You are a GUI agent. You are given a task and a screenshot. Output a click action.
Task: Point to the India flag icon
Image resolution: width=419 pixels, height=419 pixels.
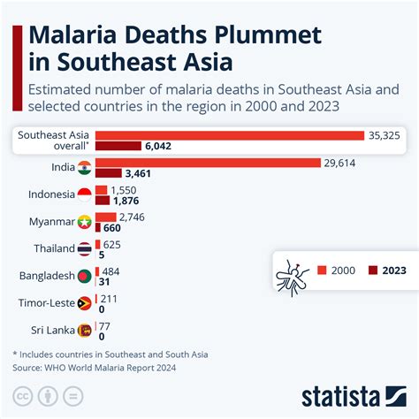coord(84,169)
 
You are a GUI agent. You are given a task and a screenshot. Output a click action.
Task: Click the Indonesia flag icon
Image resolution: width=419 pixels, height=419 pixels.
coord(84,195)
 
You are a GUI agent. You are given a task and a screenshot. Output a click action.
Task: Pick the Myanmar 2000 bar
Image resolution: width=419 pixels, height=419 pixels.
coord(105,217)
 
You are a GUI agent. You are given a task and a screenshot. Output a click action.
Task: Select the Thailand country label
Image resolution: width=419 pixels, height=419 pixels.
coord(54,249)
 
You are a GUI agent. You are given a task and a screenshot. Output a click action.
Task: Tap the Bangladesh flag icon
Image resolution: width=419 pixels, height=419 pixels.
coord(84,276)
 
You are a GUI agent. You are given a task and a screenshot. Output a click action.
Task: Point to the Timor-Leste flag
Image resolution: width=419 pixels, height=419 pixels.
coord(84,303)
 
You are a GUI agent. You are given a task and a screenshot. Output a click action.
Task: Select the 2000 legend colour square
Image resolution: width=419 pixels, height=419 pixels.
coord(322,270)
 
